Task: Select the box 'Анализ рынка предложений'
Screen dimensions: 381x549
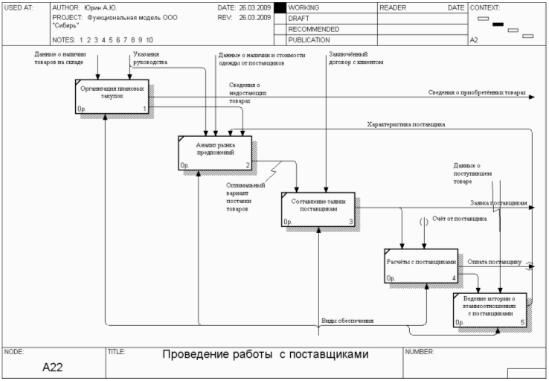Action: [x=216, y=152]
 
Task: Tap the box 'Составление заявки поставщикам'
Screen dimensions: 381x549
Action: [x=318, y=209]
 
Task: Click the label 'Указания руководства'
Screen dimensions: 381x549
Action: [x=150, y=58]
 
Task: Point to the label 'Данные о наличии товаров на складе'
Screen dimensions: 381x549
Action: [x=60, y=58]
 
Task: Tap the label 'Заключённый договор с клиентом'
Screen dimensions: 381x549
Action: [x=355, y=58]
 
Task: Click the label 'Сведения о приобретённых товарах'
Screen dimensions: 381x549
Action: [x=476, y=93]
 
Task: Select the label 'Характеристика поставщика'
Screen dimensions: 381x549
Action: [x=406, y=124]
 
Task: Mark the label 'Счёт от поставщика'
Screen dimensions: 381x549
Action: [x=460, y=219]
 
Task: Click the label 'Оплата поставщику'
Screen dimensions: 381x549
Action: [x=495, y=262]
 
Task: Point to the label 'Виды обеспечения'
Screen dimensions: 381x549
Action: [x=347, y=321]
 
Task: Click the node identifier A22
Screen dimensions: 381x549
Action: [x=53, y=367]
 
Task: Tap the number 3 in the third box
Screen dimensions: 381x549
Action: [x=350, y=222]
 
